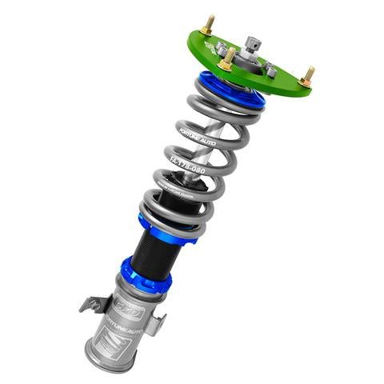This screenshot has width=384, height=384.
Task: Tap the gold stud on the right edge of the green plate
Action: point(307,76)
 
